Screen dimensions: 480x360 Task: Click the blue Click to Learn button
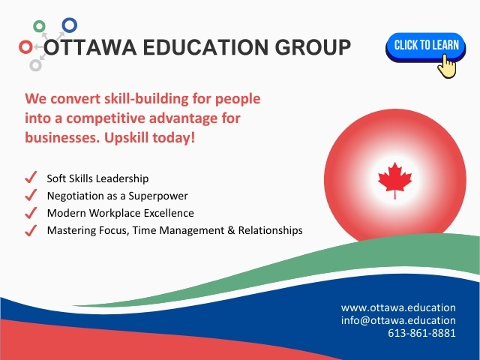(425, 46)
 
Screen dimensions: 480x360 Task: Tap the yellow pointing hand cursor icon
(447, 66)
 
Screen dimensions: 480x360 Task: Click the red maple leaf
(395, 181)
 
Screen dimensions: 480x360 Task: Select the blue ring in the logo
(70, 25)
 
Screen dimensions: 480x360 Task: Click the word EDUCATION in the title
(205, 47)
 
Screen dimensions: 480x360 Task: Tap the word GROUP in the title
(313, 47)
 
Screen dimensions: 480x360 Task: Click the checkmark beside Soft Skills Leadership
(31, 177)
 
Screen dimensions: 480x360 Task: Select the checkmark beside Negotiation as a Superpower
(31, 195)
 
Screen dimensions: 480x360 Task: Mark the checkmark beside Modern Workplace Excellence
(31, 213)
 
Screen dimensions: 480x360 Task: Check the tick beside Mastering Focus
(31, 230)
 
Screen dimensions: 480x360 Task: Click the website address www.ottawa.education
(398, 307)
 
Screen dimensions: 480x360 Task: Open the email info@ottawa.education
(398, 320)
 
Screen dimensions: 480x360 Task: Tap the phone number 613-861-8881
(421, 333)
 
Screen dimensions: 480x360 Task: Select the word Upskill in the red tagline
(127, 138)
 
